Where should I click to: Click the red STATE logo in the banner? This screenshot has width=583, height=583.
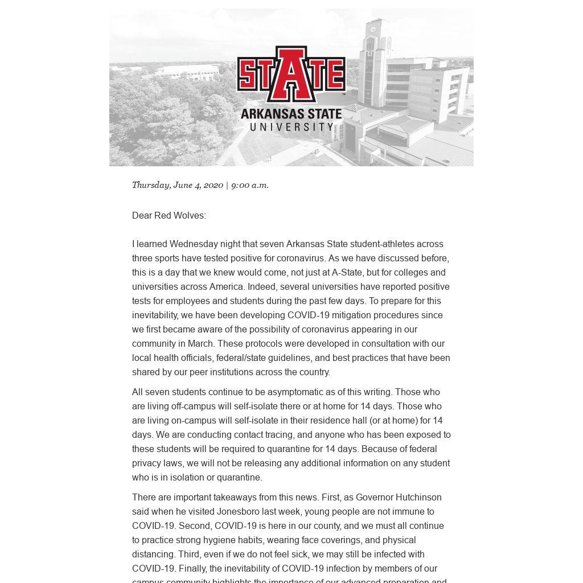click(291, 74)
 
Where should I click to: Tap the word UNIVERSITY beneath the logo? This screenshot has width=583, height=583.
click(291, 126)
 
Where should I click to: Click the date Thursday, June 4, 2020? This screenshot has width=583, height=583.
click(177, 185)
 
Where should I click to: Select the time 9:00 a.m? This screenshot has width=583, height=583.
click(249, 185)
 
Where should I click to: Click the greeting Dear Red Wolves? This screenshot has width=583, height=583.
click(169, 215)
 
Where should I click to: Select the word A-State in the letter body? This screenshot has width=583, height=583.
click(348, 272)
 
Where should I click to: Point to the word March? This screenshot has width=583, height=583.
click(200, 343)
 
